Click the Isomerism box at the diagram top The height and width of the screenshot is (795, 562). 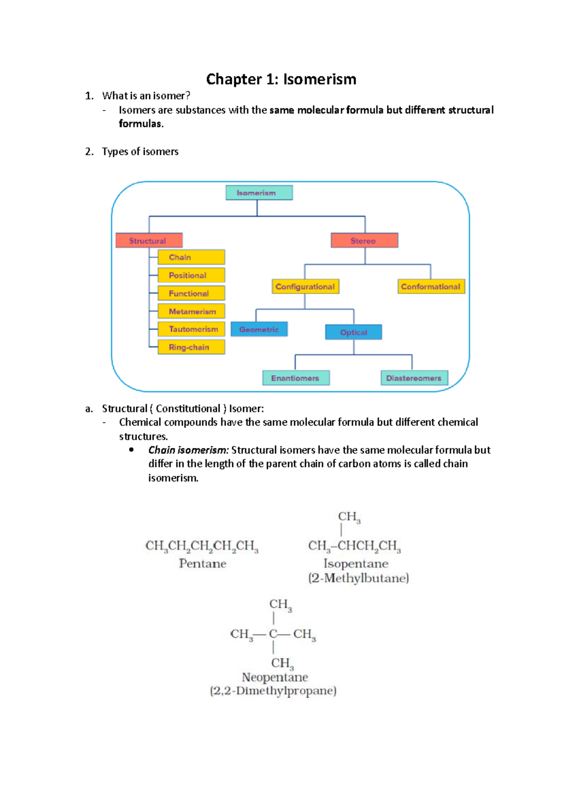[x=259, y=193]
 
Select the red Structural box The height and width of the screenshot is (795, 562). [x=149, y=241]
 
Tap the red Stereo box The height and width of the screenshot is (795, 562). [x=364, y=241]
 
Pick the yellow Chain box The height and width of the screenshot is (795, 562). [x=191, y=257]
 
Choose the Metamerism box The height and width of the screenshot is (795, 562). [x=191, y=311]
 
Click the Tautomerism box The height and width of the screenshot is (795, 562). [x=191, y=329]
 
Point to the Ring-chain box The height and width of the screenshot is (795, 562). [x=191, y=347]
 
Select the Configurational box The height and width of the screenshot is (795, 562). [x=305, y=287]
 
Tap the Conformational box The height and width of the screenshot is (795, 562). [x=431, y=287]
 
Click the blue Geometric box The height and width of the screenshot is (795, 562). [x=259, y=330]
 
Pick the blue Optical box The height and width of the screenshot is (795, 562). [x=354, y=332]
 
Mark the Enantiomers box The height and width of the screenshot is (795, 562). [x=296, y=378]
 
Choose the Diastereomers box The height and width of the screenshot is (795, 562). [x=414, y=378]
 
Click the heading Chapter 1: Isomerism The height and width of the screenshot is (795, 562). [x=281, y=79]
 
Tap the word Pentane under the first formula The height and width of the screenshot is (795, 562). [x=202, y=564]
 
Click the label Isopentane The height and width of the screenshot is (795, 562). [x=356, y=564]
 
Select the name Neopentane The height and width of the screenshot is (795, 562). [x=275, y=677]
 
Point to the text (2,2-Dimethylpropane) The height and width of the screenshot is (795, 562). [x=273, y=691]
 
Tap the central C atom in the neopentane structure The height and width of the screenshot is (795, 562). [x=273, y=634]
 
